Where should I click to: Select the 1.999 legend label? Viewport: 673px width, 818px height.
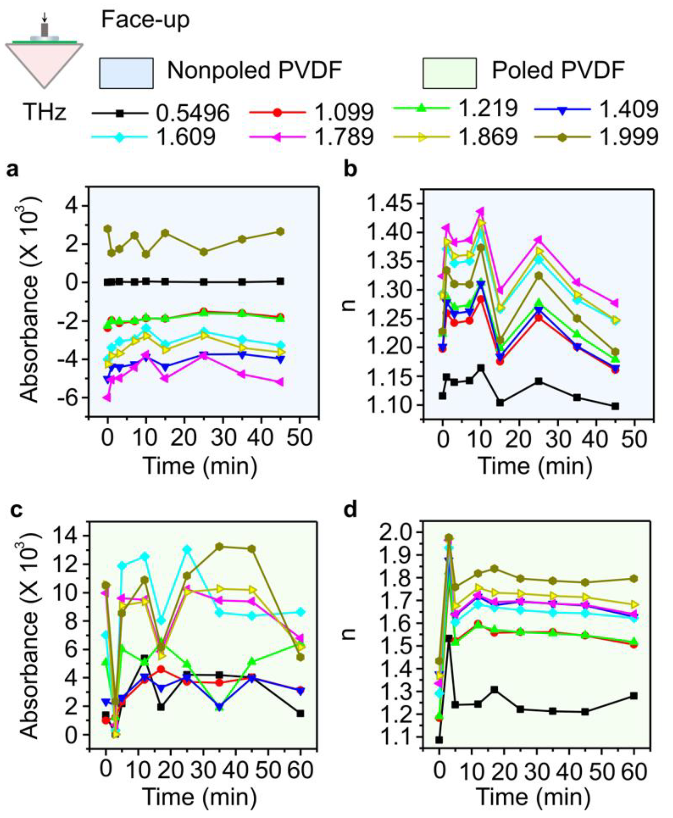629,136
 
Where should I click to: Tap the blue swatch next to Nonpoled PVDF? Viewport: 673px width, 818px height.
127,73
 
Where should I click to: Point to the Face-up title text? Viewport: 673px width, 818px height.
145,20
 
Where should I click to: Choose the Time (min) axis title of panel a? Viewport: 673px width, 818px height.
200,465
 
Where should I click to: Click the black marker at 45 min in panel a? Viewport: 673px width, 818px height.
281,281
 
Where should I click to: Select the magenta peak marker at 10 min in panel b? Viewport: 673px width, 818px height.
481,212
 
